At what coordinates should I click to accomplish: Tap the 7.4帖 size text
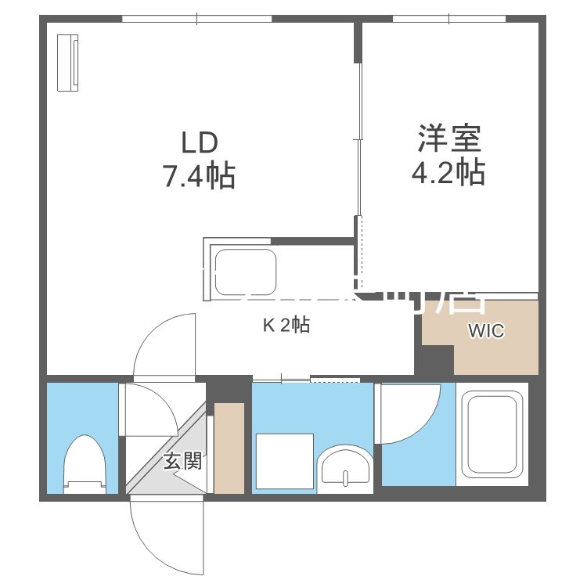point(199,176)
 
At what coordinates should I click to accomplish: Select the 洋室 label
point(449,139)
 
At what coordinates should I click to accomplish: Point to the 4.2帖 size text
point(448,172)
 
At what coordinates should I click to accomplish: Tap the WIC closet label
point(486,331)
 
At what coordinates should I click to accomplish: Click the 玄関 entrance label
point(182,461)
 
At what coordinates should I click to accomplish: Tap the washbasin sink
point(345,468)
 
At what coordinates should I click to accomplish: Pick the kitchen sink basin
point(245,271)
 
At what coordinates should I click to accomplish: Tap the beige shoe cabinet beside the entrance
point(229,448)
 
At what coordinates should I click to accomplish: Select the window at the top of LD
point(197,19)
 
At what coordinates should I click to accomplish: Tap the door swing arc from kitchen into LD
point(160,344)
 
